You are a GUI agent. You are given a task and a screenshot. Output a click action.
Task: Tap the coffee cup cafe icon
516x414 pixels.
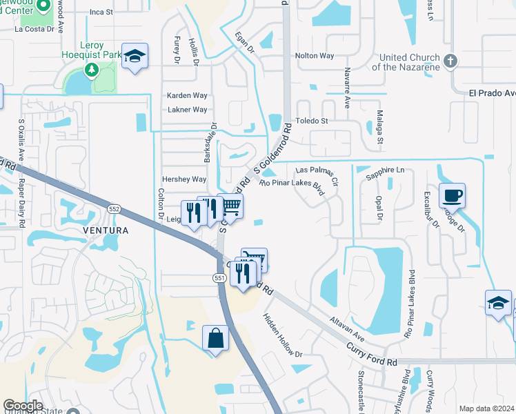click(452, 196)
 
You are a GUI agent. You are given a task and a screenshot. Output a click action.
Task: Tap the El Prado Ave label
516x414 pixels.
click(492, 93)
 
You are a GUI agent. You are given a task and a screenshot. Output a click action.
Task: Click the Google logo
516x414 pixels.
click(23, 405)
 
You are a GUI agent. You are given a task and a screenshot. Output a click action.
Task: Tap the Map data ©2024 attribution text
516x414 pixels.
click(486, 408)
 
